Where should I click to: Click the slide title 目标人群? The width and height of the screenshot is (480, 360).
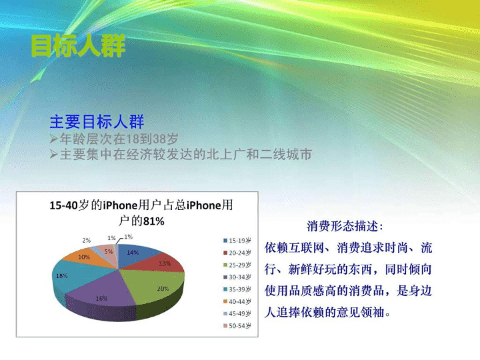(78, 46)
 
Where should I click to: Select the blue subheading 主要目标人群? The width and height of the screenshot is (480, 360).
(97, 121)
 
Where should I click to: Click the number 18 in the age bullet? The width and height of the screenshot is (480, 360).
(133, 139)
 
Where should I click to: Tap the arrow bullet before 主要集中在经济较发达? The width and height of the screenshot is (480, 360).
(53, 154)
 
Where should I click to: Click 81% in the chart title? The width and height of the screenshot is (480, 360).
(154, 221)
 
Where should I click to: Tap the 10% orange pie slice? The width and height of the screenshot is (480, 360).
(86, 258)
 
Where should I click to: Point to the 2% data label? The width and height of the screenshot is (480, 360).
(86, 241)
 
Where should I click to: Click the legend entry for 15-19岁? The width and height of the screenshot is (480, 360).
(237, 241)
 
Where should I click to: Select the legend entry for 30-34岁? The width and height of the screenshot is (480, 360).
(237, 277)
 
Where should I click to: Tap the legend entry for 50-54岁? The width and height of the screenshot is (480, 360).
(237, 326)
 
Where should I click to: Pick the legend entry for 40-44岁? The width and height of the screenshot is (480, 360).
(237, 301)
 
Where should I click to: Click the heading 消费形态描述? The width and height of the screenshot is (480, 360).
(345, 227)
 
